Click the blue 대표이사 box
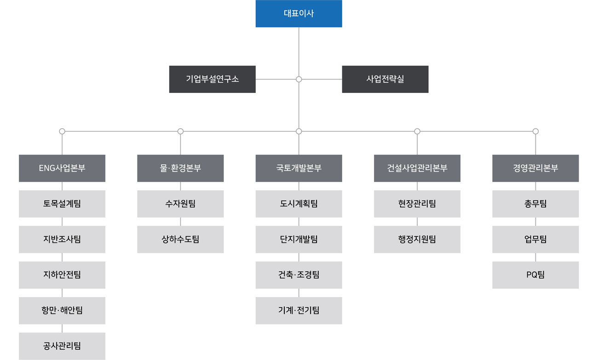coord(299,14)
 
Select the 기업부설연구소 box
coord(212,79)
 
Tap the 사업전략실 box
coord(385,79)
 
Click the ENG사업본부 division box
coord(62,168)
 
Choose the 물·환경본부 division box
coord(180,168)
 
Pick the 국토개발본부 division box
coord(299,168)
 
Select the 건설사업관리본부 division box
coord(417,168)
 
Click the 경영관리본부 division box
coord(535,168)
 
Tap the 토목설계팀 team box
coord(62,204)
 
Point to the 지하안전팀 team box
coord(62,275)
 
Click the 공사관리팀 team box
coord(62,346)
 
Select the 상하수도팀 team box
coord(180,240)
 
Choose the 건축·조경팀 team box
coord(299,275)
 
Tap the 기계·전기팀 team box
coord(299,311)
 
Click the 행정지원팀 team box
coord(417,240)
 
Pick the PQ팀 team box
coord(535,275)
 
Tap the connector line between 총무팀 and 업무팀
coord(535,222)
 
